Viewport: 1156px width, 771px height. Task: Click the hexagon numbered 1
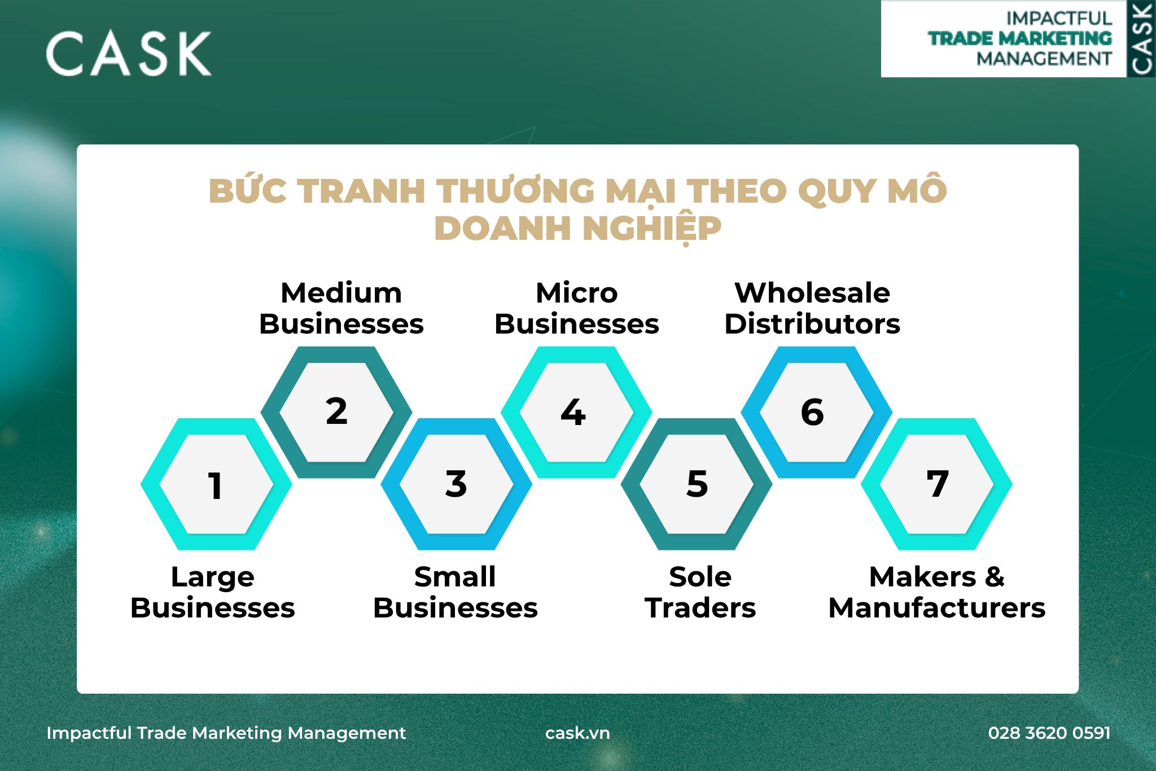[216, 484]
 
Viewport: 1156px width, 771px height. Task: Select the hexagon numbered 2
[336, 413]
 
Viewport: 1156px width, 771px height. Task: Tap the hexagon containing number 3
[456, 484]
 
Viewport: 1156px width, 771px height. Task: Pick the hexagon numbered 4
[576, 413]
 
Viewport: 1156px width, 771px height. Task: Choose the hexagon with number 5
[697, 484]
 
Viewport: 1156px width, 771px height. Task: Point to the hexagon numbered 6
[817, 413]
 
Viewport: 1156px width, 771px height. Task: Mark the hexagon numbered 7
[936, 484]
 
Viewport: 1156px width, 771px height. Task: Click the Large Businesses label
[213, 592]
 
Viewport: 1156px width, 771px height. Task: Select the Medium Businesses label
[341, 308]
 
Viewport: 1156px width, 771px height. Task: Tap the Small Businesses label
[456, 592]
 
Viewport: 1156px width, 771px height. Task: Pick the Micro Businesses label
[577, 308]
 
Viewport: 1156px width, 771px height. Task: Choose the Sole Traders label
[700, 592]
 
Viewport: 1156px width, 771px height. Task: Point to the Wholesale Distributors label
[812, 308]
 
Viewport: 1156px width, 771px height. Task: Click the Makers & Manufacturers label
[937, 592]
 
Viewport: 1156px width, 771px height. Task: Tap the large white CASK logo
[129, 54]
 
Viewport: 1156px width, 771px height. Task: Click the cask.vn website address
[577, 733]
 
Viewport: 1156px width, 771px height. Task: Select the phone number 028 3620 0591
[1049, 733]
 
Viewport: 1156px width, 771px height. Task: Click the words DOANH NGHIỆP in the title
[578, 229]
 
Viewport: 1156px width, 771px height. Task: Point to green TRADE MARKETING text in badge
[1020, 38]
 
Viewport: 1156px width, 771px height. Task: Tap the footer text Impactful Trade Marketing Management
[226, 733]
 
